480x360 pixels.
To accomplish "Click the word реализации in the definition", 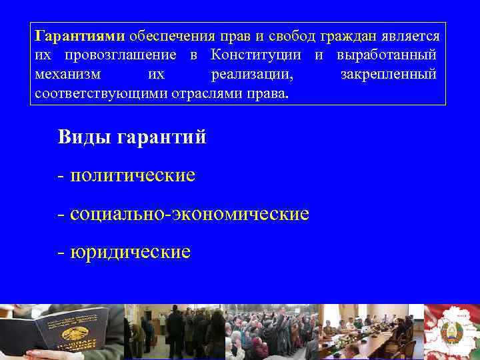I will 251,73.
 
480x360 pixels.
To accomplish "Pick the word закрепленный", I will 388,73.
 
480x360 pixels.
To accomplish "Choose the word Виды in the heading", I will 84,138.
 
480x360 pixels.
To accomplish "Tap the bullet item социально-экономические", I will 189,214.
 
